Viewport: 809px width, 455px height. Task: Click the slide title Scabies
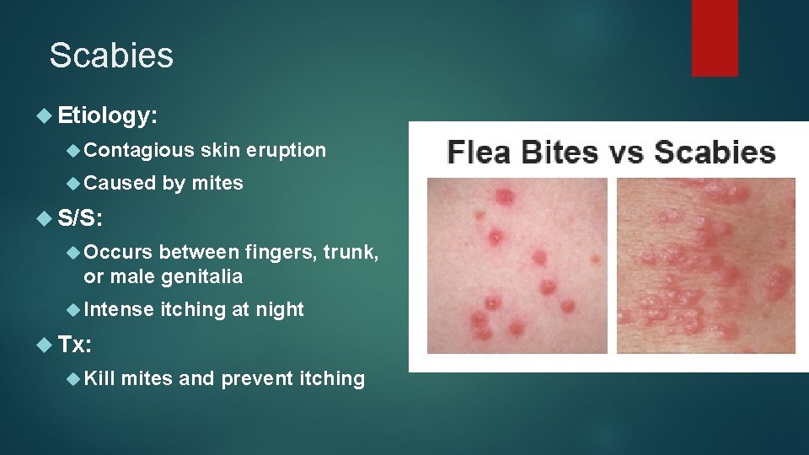(x=111, y=56)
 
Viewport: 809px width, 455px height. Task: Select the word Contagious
(x=139, y=151)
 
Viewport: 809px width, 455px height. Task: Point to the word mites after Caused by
(x=217, y=183)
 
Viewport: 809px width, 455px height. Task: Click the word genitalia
(x=202, y=276)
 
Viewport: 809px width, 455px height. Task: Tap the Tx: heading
(x=76, y=345)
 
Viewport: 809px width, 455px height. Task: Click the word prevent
(x=258, y=378)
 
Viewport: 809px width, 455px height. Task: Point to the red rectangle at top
(x=715, y=38)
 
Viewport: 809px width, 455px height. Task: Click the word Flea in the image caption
(x=480, y=153)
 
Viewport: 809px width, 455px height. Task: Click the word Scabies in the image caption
(x=715, y=153)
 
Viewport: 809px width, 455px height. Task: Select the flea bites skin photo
(x=516, y=265)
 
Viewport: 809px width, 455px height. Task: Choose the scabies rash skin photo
(x=705, y=265)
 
